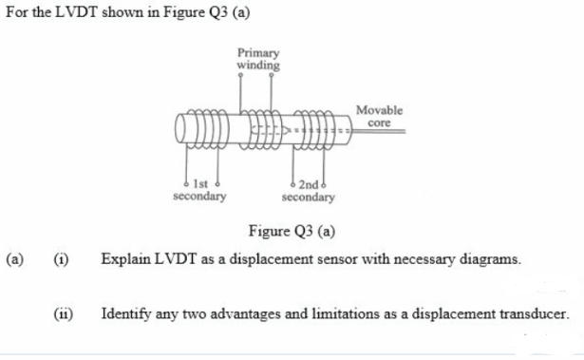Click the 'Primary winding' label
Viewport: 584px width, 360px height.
[x=257, y=60]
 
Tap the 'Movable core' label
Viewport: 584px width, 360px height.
[x=379, y=117]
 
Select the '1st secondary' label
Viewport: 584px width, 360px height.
[x=199, y=190]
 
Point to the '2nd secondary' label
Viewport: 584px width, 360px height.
[x=309, y=190]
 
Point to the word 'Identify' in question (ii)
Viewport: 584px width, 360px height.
[x=128, y=313]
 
